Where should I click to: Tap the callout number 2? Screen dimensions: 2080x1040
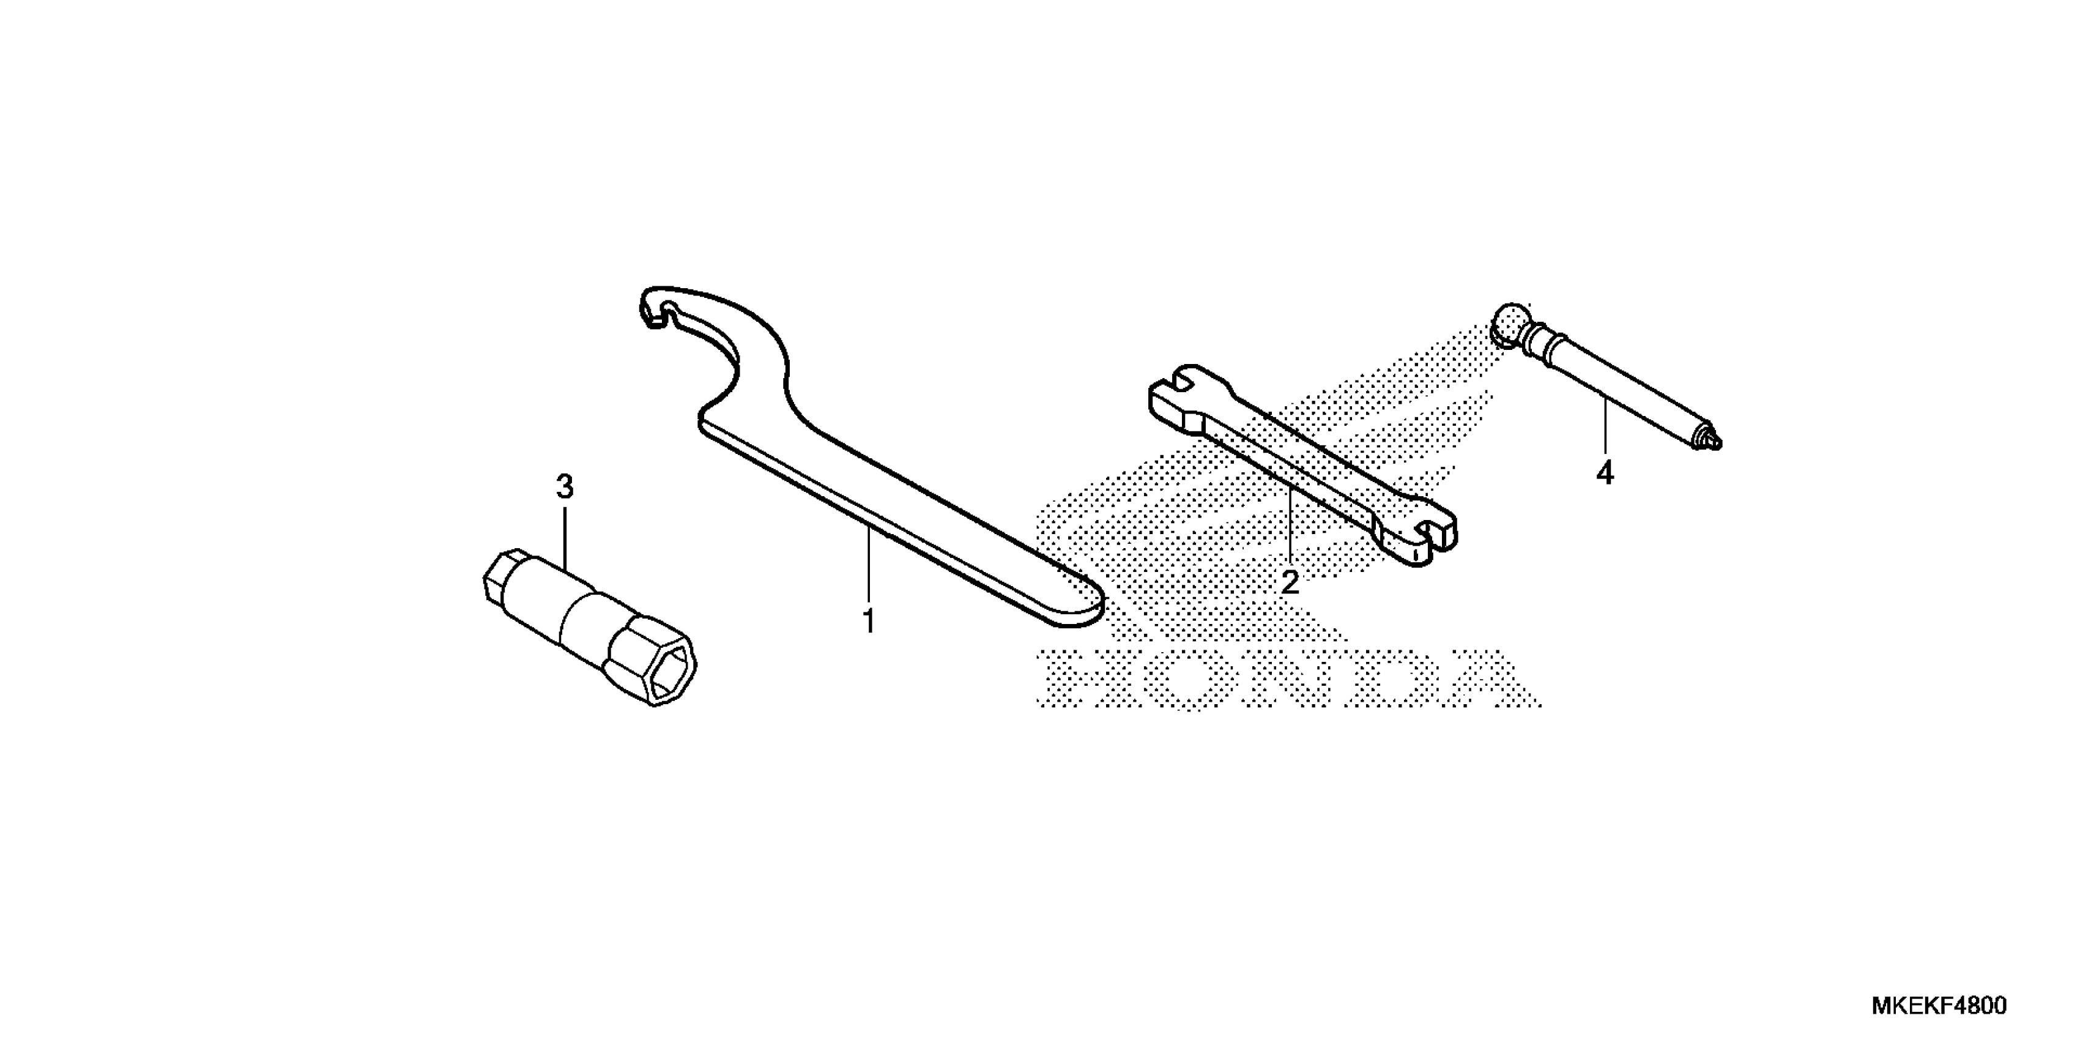pyautogui.click(x=1290, y=581)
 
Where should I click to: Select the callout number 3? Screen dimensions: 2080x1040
pyautogui.click(x=565, y=487)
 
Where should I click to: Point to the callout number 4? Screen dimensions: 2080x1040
pyautogui.click(x=1605, y=473)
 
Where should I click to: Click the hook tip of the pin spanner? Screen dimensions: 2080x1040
pyautogui.click(x=656, y=311)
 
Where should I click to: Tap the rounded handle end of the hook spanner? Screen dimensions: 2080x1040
pyautogui.click(x=1078, y=601)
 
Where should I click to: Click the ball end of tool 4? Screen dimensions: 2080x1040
pyautogui.click(x=1509, y=325)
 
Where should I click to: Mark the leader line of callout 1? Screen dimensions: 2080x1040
pyautogui.click(x=869, y=565)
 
